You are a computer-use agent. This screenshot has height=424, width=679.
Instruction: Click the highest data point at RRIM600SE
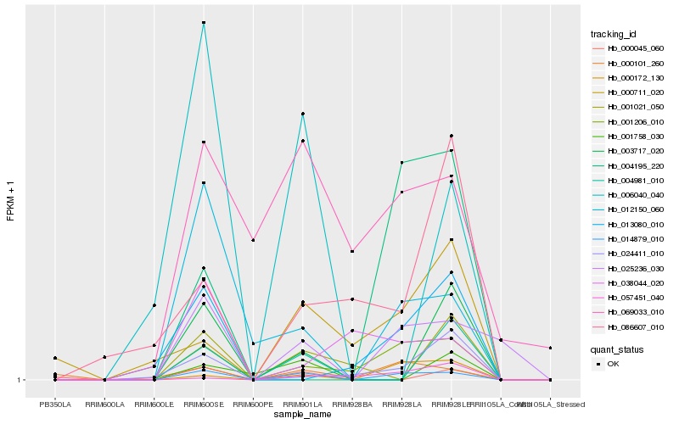coord(204,22)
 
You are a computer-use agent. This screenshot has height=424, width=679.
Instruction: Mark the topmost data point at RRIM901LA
coord(303,114)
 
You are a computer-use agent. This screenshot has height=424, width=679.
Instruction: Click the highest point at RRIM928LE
coord(452,136)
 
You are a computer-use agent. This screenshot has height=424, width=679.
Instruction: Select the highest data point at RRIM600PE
coord(253,241)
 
